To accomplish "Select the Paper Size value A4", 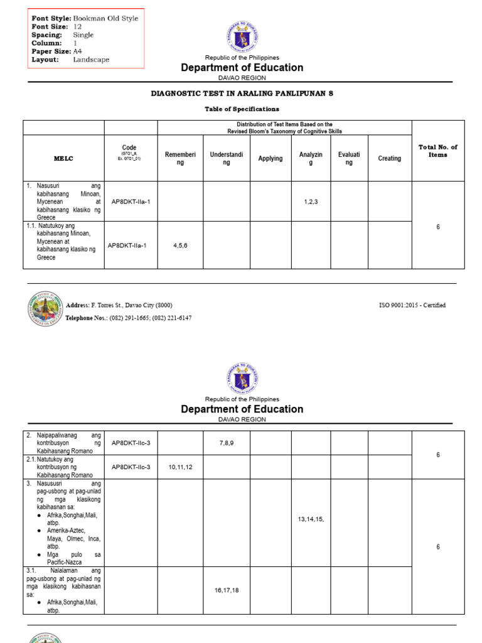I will click(77, 51).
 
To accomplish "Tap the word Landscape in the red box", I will click(90, 60).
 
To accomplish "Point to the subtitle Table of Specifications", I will click(242, 109).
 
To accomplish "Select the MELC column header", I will click(63, 159).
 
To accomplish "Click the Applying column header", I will click(270, 159).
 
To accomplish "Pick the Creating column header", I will click(389, 159).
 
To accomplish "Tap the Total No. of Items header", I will click(437, 151).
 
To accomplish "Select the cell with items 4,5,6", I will click(180, 245).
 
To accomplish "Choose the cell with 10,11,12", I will click(180, 467).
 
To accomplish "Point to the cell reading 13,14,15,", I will click(311, 519).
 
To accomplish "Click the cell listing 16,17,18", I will click(227, 590).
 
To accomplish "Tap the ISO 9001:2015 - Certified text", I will click(412, 305).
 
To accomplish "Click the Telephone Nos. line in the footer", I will click(129, 318).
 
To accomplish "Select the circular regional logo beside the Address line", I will click(45, 310).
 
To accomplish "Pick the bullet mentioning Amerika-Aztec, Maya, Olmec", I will click(73, 538).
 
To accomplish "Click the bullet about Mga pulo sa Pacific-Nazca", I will click(73, 558).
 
